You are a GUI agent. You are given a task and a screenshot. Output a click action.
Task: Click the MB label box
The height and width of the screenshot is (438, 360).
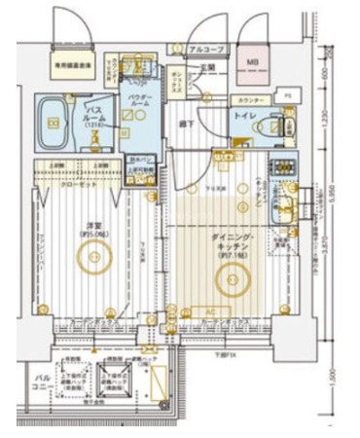tap(252, 63)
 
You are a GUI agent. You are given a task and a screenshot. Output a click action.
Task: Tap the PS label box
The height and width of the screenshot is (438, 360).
tap(288, 95)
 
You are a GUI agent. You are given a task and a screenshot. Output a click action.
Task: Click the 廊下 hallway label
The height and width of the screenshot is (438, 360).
tap(186, 125)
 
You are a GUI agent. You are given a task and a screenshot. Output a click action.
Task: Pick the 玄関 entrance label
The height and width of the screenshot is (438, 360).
tap(206, 67)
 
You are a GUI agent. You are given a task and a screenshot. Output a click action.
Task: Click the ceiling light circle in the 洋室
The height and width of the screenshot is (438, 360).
tap(95, 257)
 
